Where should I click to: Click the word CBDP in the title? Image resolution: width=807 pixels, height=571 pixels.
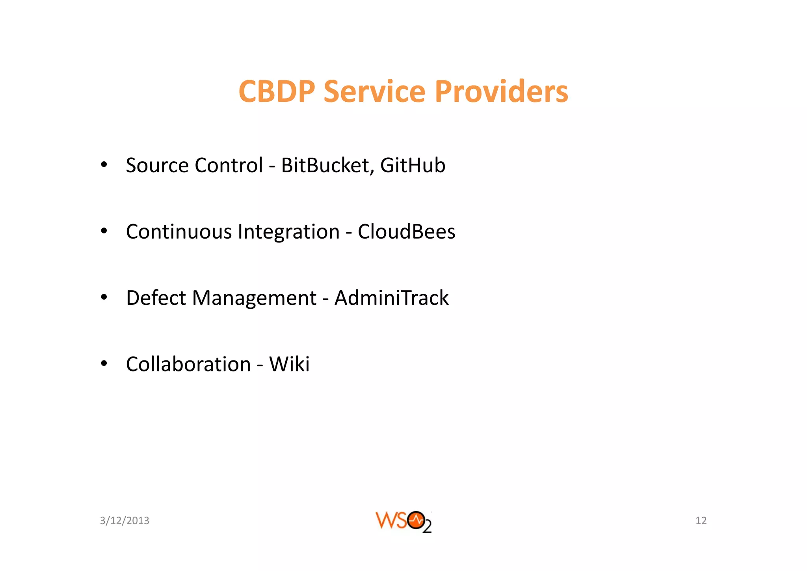pos(277,91)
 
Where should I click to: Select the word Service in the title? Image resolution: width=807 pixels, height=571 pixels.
pos(374,91)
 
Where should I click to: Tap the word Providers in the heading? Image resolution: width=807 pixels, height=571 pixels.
pos(501,91)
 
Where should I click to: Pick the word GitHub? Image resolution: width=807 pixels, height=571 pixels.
pos(413,165)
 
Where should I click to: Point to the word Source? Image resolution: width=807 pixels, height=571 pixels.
pos(157,165)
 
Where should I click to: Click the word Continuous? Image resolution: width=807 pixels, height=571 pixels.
pos(179,231)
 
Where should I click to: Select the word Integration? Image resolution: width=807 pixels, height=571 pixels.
pos(288,231)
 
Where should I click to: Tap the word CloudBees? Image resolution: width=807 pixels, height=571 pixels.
pos(406,231)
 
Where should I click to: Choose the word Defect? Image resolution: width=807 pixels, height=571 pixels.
pos(156,298)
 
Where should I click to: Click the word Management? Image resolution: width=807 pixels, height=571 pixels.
pos(254,299)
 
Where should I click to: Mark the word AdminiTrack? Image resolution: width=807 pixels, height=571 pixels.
pos(391,298)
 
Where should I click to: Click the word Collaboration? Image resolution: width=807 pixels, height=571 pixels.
pos(188,364)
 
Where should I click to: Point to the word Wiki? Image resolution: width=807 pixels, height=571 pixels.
pos(289,364)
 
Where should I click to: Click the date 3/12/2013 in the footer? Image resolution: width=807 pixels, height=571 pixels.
pos(125,521)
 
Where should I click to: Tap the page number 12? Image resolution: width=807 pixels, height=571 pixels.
pos(701,521)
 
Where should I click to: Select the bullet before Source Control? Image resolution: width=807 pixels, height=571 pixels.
pos(104,165)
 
